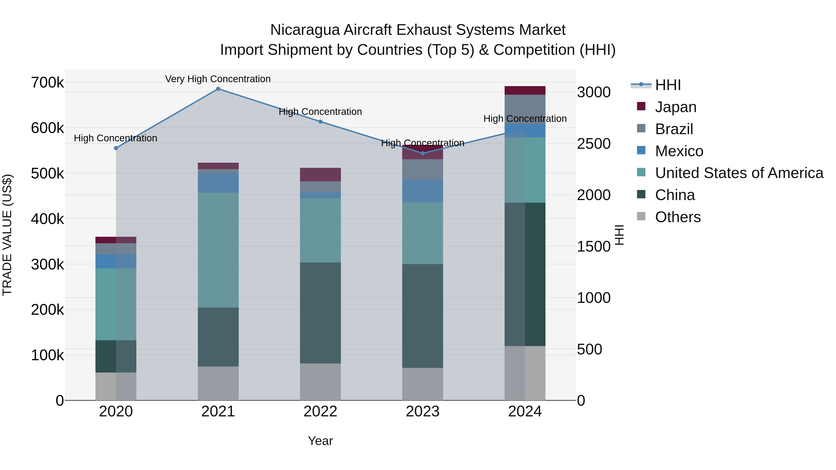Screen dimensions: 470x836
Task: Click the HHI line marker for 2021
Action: (x=218, y=89)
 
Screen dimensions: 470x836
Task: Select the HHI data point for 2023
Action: (x=423, y=153)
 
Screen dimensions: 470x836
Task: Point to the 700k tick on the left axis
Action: (x=47, y=83)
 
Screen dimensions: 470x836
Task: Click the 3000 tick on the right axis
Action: (x=594, y=92)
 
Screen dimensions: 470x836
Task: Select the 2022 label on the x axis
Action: (x=320, y=412)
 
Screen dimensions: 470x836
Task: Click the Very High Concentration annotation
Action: (x=218, y=79)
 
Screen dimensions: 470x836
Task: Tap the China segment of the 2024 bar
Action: (x=525, y=274)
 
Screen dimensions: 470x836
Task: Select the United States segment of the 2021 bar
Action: (x=218, y=250)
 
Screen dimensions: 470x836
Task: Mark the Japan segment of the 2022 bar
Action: (x=320, y=175)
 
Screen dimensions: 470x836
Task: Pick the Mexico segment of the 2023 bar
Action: (x=423, y=191)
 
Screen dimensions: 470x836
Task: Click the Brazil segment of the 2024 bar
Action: (x=525, y=109)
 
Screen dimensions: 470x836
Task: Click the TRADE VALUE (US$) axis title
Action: (x=7, y=235)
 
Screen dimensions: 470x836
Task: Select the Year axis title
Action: (x=320, y=441)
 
